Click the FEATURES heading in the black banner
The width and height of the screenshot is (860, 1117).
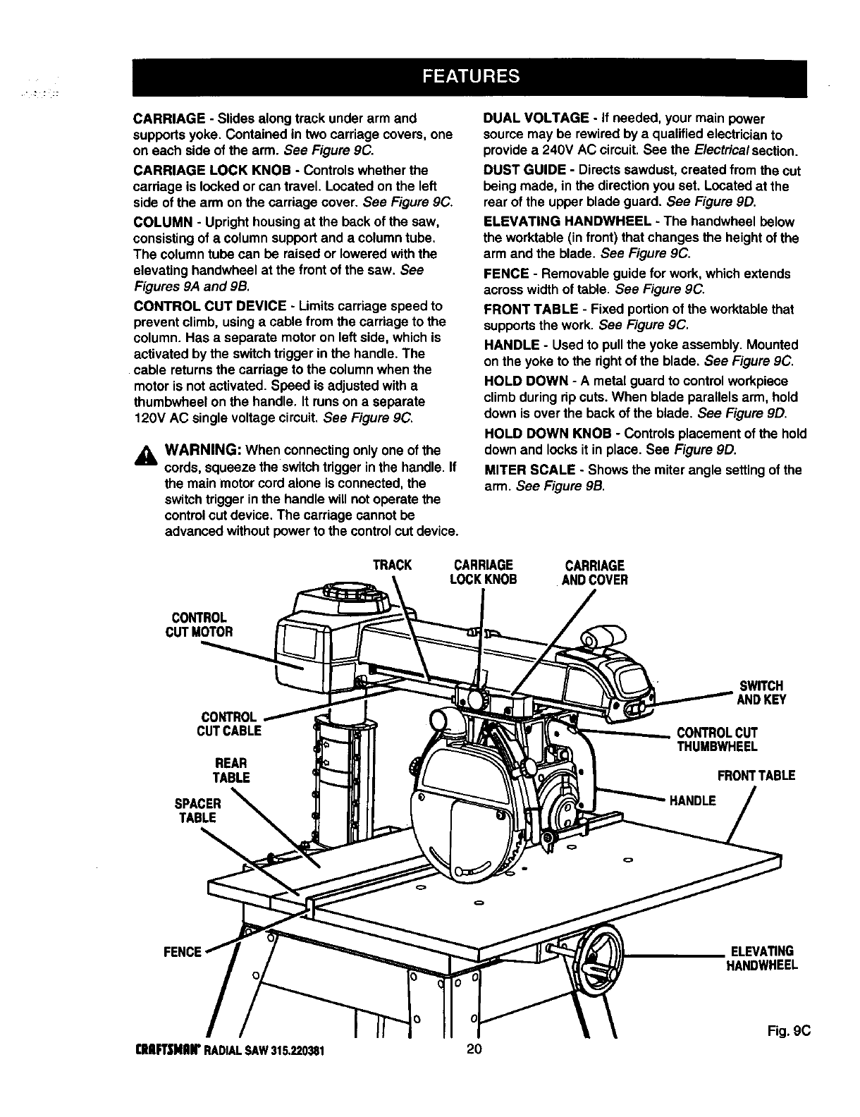(471, 76)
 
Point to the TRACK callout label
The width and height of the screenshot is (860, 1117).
(391, 566)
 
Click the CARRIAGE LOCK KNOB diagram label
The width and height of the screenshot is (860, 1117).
(483, 573)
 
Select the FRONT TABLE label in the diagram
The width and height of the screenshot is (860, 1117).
(756, 776)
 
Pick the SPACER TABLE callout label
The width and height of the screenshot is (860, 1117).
(197, 810)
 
